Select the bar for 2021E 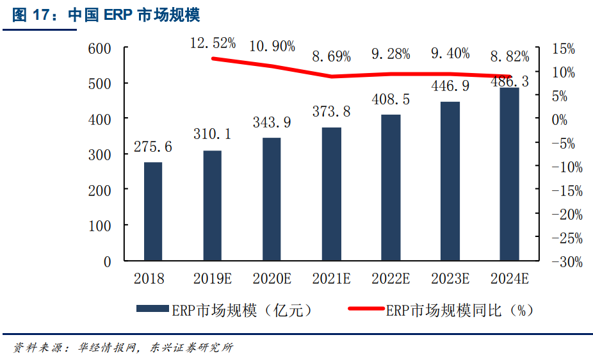[x=331, y=194]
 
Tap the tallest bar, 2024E [x=509, y=174]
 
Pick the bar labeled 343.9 [x=272, y=199]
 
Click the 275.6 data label [x=153, y=147]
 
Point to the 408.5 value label [x=391, y=100]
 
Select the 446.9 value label [x=450, y=86]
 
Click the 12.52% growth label [x=213, y=44]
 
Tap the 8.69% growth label [x=332, y=56]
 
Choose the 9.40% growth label [x=450, y=54]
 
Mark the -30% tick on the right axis [x=567, y=262]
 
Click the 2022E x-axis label [x=391, y=279]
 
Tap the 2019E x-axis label [x=213, y=279]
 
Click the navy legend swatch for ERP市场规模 [x=152, y=309]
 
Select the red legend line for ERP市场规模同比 [x=366, y=309]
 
